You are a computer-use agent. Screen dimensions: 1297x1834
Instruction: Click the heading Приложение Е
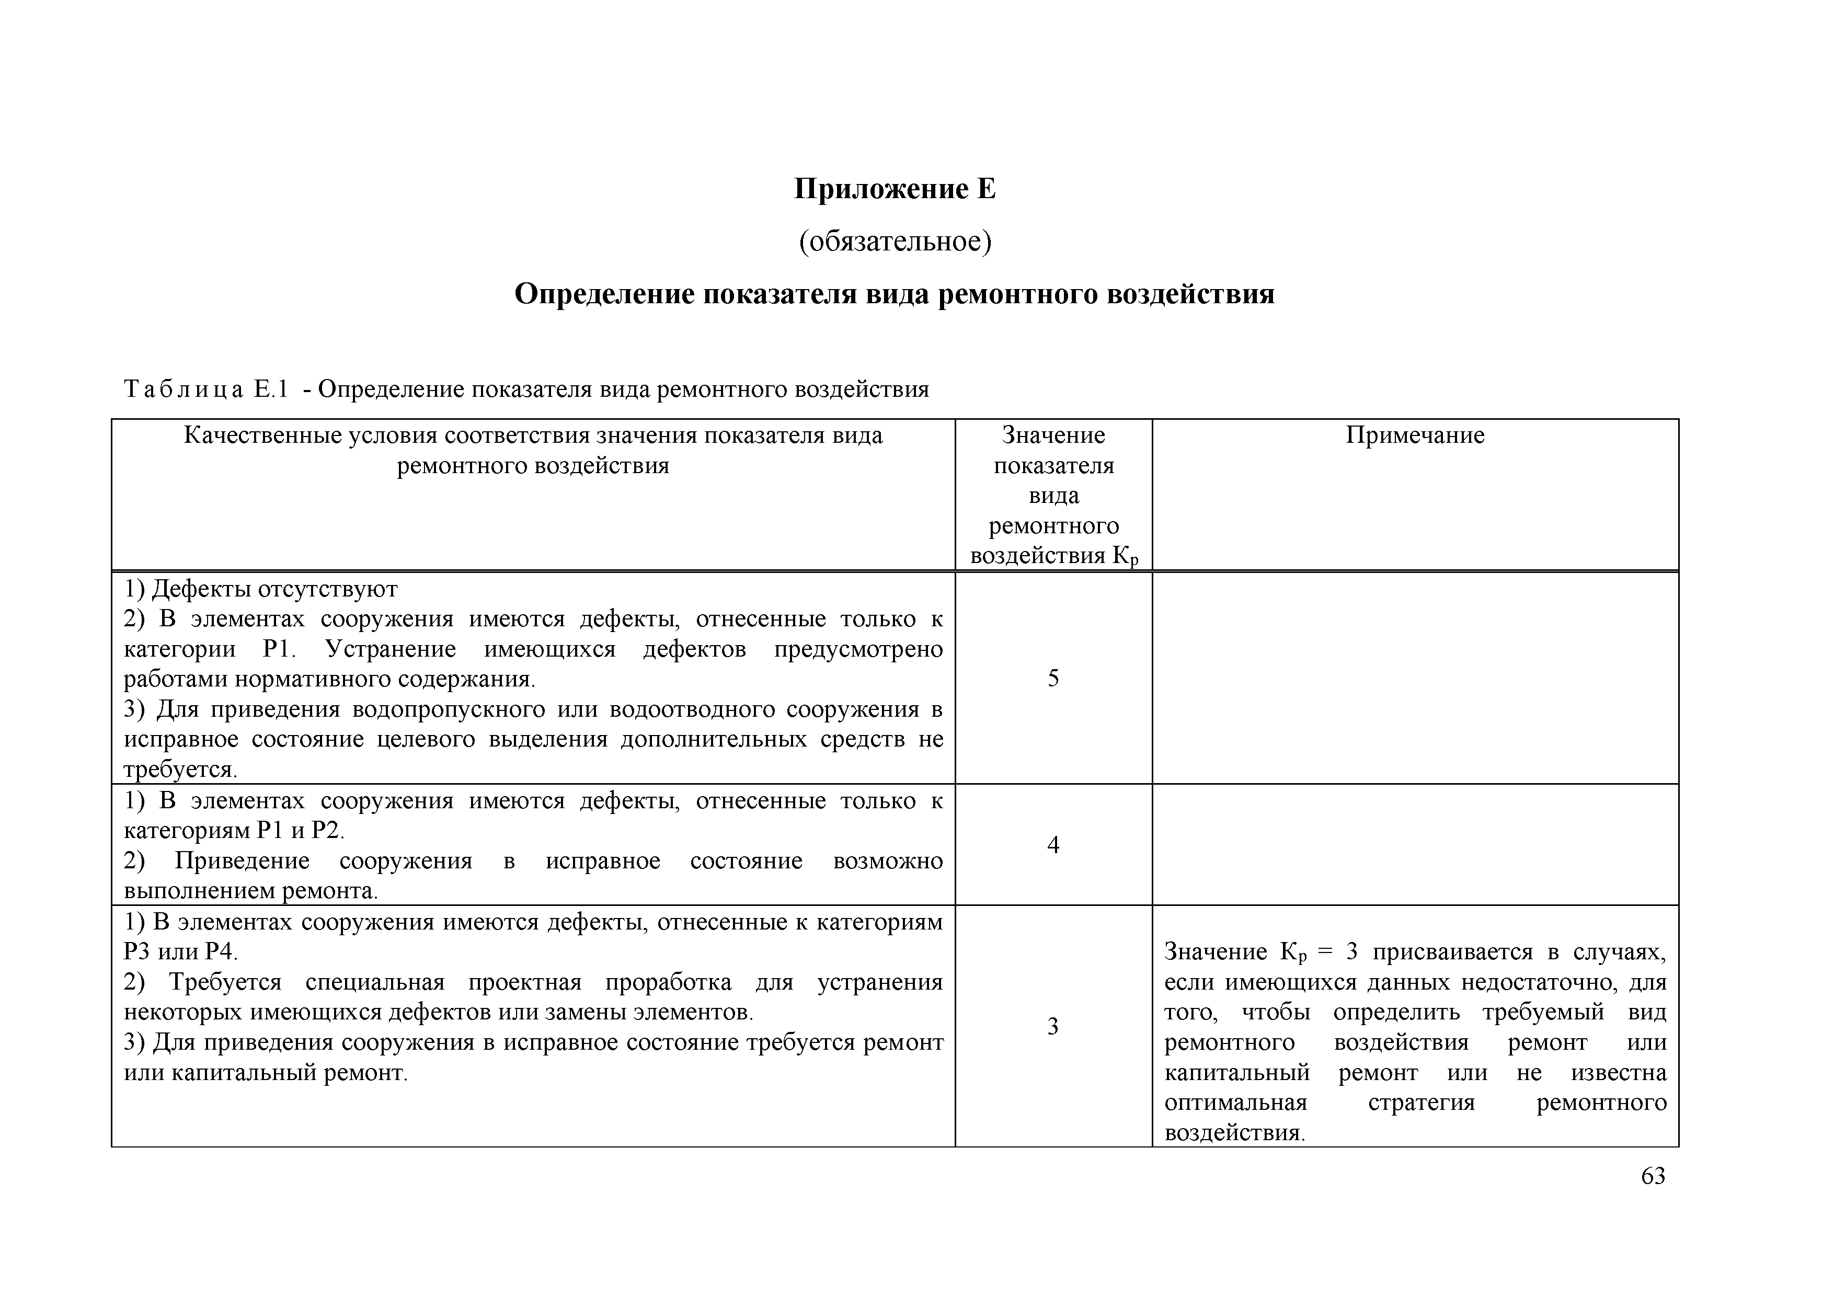point(895,189)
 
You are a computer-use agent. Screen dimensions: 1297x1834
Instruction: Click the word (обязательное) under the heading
point(895,240)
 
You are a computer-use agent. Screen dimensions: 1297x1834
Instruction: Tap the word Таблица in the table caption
point(184,390)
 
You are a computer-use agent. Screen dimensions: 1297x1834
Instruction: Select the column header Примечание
point(1415,435)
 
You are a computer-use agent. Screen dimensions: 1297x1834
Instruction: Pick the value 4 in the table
point(1053,845)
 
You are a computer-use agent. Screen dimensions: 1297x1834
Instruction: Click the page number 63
point(1653,1176)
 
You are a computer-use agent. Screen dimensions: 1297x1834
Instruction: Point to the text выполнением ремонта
point(250,890)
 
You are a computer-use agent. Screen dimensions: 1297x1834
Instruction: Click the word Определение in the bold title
point(603,294)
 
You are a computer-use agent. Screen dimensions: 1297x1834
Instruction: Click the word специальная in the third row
point(375,982)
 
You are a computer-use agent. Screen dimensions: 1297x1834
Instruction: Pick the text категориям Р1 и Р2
point(233,831)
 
